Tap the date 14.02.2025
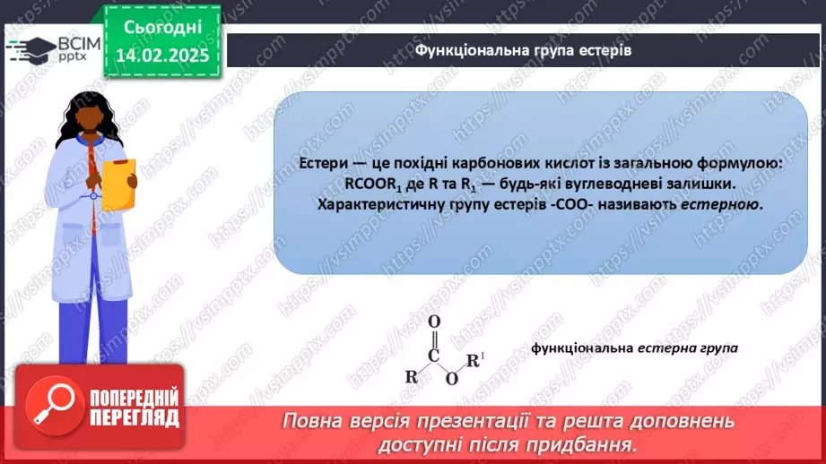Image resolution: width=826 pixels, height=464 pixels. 161,56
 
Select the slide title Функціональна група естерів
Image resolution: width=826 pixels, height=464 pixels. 523,50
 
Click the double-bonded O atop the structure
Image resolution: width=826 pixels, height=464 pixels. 434,322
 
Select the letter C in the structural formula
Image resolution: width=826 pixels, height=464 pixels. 434,354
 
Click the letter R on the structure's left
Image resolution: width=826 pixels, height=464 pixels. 410,376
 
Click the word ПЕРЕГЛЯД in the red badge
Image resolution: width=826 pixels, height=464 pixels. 135,417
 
